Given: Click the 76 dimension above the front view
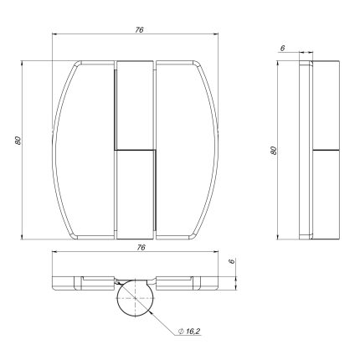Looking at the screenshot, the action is tap(139, 30).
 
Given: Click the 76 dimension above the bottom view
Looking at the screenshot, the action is tap(141, 248).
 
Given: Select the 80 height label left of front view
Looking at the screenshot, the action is tap(18, 141).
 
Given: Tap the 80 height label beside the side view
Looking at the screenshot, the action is tap(274, 151).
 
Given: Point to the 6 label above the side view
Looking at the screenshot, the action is tap(283, 49).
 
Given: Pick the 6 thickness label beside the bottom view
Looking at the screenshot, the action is tap(231, 261).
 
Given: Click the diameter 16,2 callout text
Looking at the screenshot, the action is tap(189, 332).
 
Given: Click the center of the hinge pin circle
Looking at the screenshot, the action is tap(135, 298).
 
